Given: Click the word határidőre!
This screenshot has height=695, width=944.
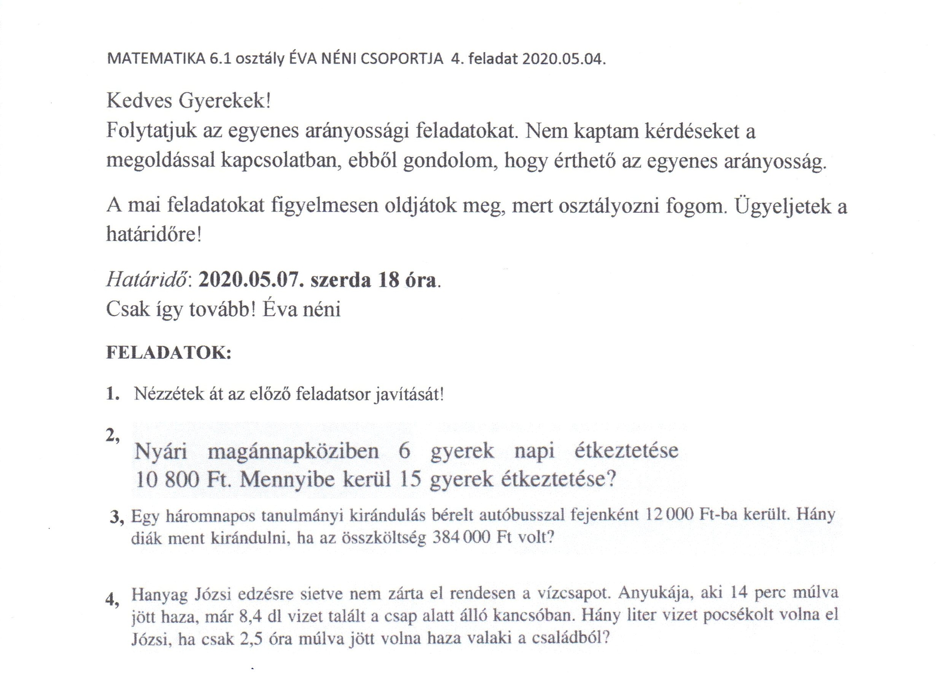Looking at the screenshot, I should click(x=154, y=234).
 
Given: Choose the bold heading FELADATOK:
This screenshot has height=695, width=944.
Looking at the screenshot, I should click(x=169, y=353).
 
